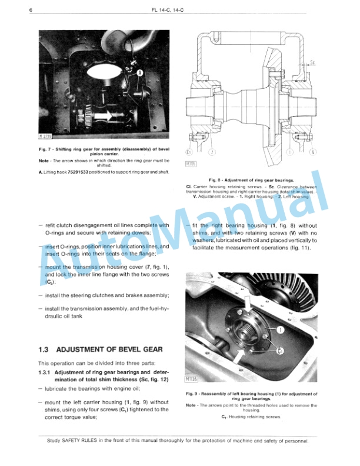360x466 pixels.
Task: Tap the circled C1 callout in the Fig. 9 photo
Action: (281, 350)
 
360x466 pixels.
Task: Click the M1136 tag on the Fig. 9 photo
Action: (193, 378)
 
